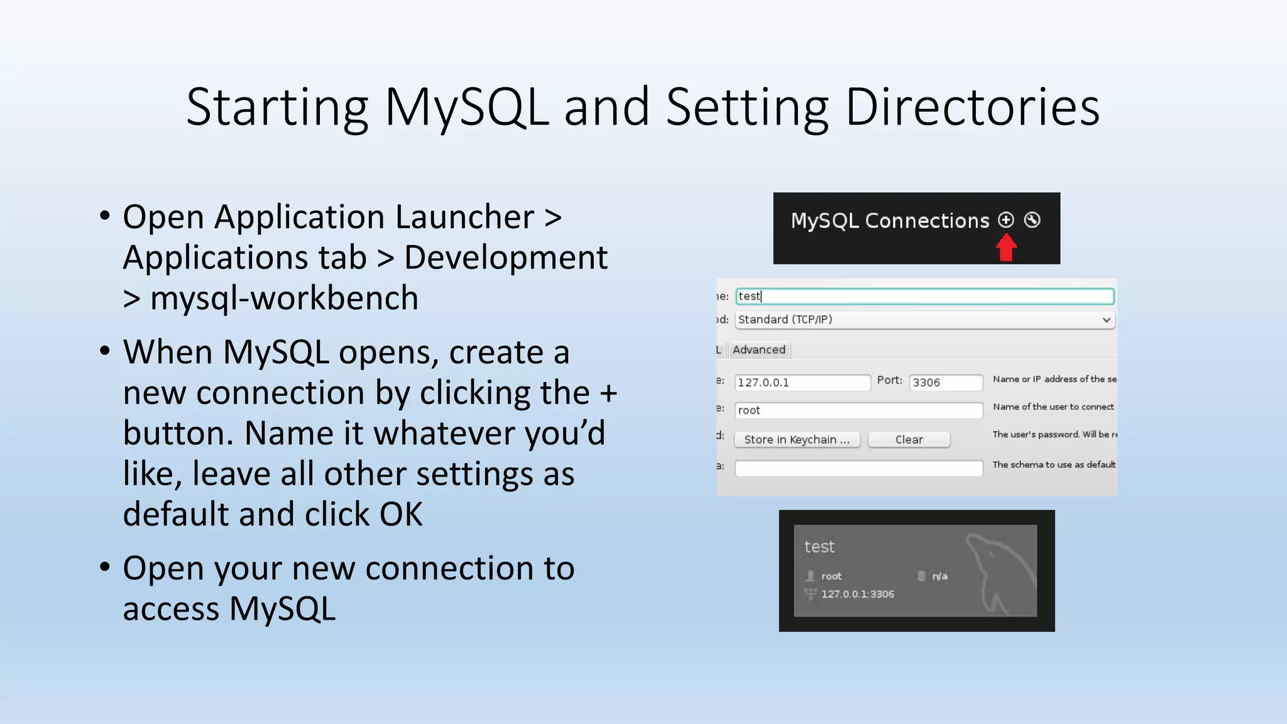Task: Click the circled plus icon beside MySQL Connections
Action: pyautogui.click(x=1005, y=219)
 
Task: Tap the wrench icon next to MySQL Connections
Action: pyautogui.click(x=1032, y=219)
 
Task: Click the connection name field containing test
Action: pyautogui.click(x=924, y=296)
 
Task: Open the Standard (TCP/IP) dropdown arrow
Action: pyautogui.click(x=1106, y=320)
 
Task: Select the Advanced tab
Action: pyautogui.click(x=759, y=349)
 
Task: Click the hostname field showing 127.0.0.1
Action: pyautogui.click(x=801, y=382)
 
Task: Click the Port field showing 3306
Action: pyautogui.click(x=945, y=382)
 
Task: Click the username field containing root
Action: pyautogui.click(x=858, y=410)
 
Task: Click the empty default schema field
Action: pyautogui.click(x=858, y=468)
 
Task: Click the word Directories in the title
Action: pyautogui.click(x=972, y=107)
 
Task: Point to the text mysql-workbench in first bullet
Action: pyautogui.click(x=284, y=298)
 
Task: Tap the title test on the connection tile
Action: pyautogui.click(x=819, y=547)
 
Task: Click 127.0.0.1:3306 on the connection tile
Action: pyautogui.click(x=857, y=594)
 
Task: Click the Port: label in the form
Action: pyautogui.click(x=889, y=380)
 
